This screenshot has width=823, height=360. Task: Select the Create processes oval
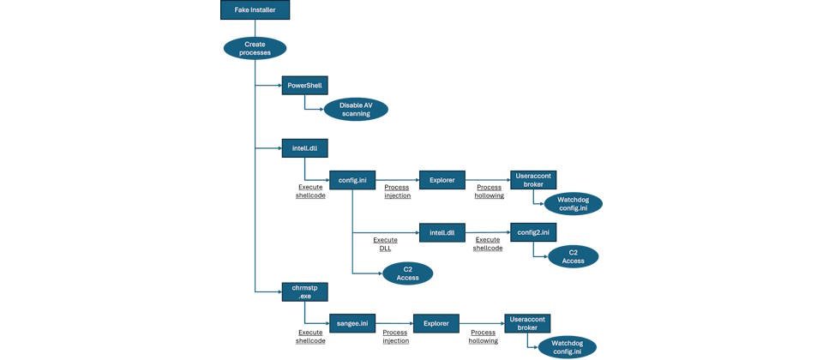[x=255, y=48]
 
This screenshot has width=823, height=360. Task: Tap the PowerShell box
[x=305, y=87]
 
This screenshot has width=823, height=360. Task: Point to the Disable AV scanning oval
[x=356, y=110]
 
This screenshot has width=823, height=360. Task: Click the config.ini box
[x=352, y=181]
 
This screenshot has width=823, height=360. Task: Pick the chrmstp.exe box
[x=305, y=292]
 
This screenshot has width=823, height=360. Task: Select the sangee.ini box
[x=352, y=323]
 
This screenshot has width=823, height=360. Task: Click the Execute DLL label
[x=385, y=244]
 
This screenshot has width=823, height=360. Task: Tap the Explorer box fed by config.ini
[x=442, y=181]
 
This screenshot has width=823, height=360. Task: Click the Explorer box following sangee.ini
[x=436, y=323]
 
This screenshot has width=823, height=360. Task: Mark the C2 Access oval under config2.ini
[x=567, y=256]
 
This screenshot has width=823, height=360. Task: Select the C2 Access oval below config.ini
[x=407, y=273]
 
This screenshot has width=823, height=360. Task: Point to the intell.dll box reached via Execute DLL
[x=442, y=232]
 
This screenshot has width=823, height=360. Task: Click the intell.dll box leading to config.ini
[x=305, y=147]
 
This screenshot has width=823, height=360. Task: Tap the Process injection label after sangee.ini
[x=394, y=336]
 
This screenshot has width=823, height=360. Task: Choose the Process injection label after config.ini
[x=397, y=191]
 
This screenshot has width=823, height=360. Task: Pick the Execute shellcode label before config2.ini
[x=488, y=244]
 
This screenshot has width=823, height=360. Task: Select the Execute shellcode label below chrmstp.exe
[x=310, y=336]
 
